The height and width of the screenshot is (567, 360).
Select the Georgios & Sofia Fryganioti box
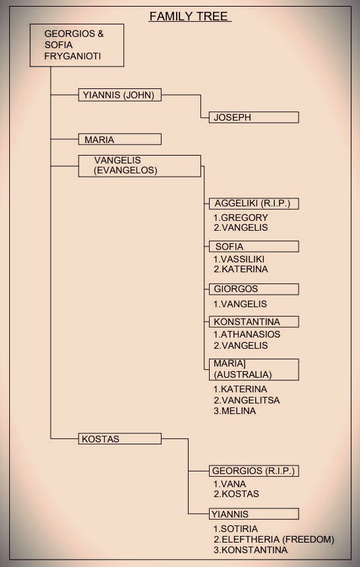point(76,45)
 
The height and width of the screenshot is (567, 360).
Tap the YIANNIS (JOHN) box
point(120,95)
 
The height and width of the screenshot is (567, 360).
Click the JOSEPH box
point(254,117)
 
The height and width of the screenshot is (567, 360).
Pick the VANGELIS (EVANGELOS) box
point(139,166)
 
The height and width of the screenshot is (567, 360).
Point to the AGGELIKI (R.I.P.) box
point(254,204)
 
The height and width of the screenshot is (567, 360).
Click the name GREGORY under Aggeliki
point(245,218)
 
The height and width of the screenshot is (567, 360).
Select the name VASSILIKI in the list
point(243,259)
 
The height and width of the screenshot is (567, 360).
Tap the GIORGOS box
point(254,289)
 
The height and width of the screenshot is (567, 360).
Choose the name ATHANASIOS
point(251,334)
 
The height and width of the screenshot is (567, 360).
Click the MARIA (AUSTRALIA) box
point(254,370)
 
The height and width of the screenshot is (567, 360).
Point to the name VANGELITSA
point(251,400)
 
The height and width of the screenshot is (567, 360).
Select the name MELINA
point(239,411)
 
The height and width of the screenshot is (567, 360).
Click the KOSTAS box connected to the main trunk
point(120,439)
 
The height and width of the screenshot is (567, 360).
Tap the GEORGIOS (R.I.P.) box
point(254,471)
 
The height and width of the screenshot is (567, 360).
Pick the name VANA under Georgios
point(233,484)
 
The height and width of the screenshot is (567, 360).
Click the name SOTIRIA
point(239,529)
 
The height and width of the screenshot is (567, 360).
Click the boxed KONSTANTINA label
point(254,322)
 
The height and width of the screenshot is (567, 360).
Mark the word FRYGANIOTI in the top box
point(73,57)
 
